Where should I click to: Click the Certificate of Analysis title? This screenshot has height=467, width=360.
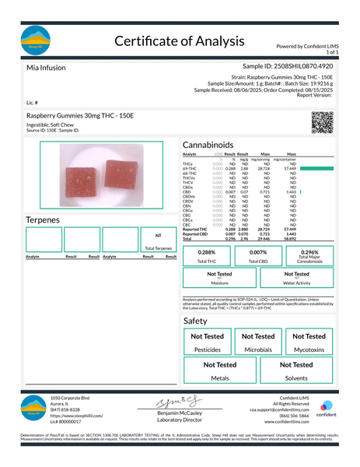pyautogui.click(x=180, y=40)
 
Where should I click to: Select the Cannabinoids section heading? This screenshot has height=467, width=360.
pyautogui.click(x=215, y=146)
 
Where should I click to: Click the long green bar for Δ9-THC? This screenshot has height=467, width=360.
pyautogui.click(x=315, y=168)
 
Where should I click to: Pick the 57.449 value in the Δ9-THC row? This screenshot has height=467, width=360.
pyautogui.click(x=292, y=168)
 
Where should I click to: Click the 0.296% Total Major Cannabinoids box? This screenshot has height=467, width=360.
pyautogui.click(x=309, y=256)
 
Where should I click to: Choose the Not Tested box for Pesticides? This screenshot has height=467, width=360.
pyautogui.click(x=208, y=342)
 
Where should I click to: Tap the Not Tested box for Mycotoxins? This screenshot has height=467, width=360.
pyautogui.click(x=309, y=342)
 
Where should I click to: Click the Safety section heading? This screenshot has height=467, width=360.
pyautogui.click(x=195, y=321)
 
